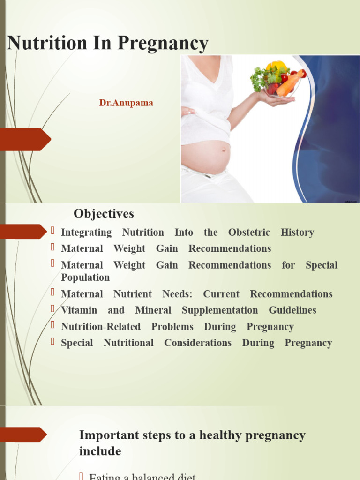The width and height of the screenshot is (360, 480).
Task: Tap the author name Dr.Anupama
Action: [x=126, y=103]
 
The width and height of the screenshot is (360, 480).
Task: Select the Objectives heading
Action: [x=104, y=214]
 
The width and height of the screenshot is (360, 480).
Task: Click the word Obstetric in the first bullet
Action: [x=249, y=232]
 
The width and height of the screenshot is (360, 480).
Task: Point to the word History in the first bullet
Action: [x=297, y=232]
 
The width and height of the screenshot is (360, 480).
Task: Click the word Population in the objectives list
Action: [x=85, y=277]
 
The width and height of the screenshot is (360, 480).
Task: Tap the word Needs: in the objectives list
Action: [x=177, y=294]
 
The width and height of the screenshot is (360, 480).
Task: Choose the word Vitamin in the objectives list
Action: [x=79, y=310]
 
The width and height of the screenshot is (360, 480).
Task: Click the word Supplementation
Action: [x=220, y=310]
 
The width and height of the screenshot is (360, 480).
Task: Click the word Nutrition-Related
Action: [x=101, y=327]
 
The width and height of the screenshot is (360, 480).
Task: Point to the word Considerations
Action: [x=198, y=343]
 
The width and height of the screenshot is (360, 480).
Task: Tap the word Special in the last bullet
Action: [x=77, y=343]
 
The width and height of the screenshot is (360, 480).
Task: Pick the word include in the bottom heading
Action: [x=100, y=451]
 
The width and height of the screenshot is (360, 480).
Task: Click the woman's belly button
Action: [x=223, y=150]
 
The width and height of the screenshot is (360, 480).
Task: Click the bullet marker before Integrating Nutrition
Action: [x=53, y=230]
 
